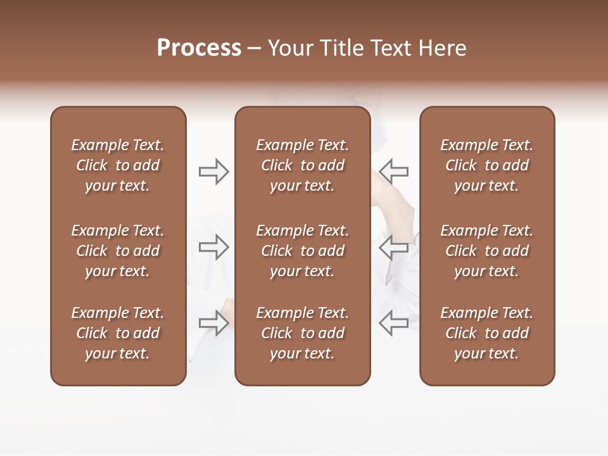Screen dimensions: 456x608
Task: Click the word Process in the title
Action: click(199, 48)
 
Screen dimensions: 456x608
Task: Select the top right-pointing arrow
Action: click(213, 172)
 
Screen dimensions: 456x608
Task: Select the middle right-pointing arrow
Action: click(213, 247)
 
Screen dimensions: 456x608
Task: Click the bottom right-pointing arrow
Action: click(213, 323)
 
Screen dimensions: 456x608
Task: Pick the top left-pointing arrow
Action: click(393, 172)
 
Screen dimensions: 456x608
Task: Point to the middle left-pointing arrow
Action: click(393, 247)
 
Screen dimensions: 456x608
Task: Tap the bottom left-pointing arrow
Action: click(393, 323)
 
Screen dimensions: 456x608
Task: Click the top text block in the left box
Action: click(118, 165)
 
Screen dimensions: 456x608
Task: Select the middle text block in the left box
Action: click(118, 251)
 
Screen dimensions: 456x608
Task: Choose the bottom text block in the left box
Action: click(118, 333)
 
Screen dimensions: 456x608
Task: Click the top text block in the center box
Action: click(302, 165)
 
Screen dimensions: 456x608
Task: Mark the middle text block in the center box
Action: click(302, 251)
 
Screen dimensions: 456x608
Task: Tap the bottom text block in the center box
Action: click(302, 333)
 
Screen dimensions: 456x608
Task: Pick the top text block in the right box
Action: click(486, 165)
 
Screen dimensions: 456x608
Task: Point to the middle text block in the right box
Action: click(486, 251)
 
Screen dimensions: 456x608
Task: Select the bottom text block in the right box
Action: click(486, 333)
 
